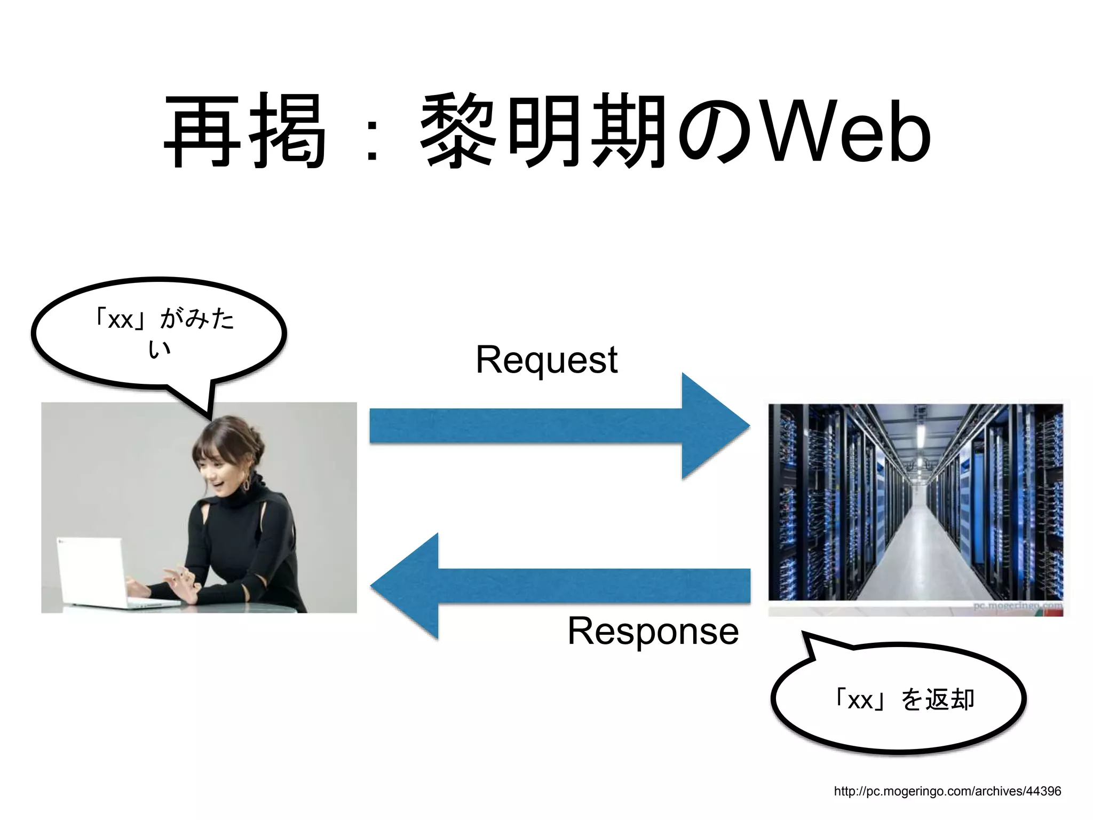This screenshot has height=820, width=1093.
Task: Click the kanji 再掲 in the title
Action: coord(245,131)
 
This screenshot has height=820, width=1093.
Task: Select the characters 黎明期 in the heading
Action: coord(544,131)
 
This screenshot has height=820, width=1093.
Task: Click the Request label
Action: coord(546,359)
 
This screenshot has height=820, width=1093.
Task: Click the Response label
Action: coord(653,631)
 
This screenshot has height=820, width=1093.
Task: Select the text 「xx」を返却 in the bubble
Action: coord(904,699)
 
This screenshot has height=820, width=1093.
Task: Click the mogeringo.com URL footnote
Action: coord(947,791)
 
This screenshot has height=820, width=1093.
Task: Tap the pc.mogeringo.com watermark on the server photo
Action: coord(1017,606)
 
